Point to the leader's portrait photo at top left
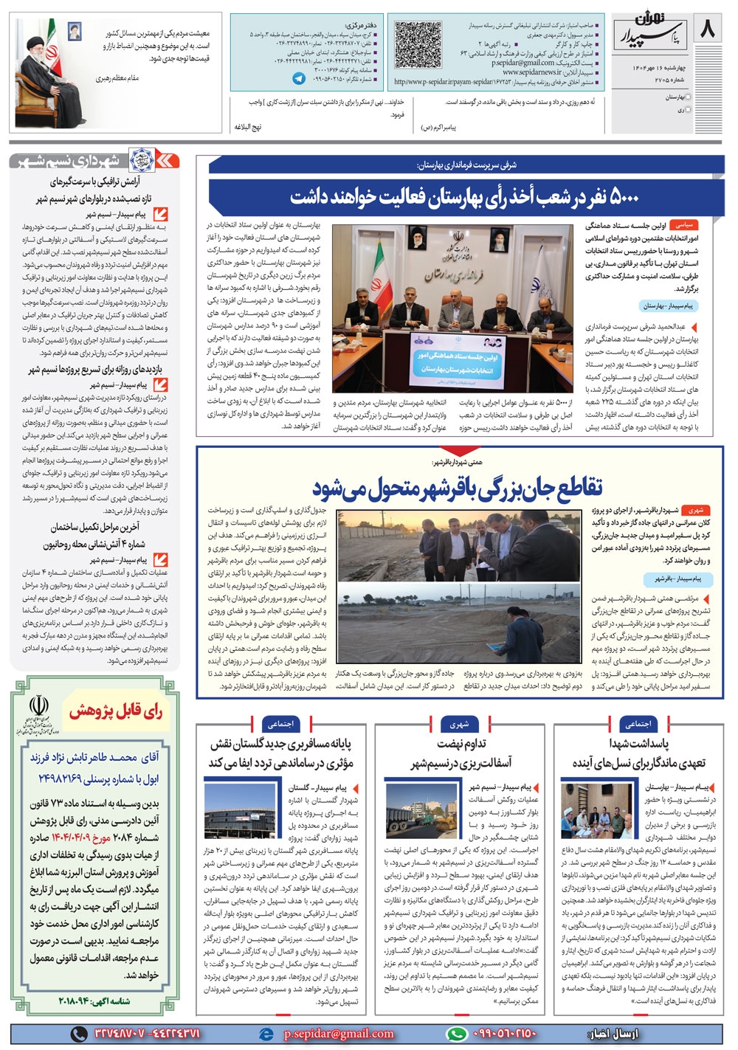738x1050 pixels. coord(51,72)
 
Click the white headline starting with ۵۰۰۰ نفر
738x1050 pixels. coord(464,197)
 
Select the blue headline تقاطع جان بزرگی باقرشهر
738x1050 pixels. coord(458,486)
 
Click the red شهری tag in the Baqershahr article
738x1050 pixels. coord(695,510)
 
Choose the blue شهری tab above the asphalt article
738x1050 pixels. coord(460,724)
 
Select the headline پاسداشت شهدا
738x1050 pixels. coord(639,743)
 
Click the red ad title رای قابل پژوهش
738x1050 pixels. coord(117,711)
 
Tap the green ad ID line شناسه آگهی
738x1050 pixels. coord(94,1001)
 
